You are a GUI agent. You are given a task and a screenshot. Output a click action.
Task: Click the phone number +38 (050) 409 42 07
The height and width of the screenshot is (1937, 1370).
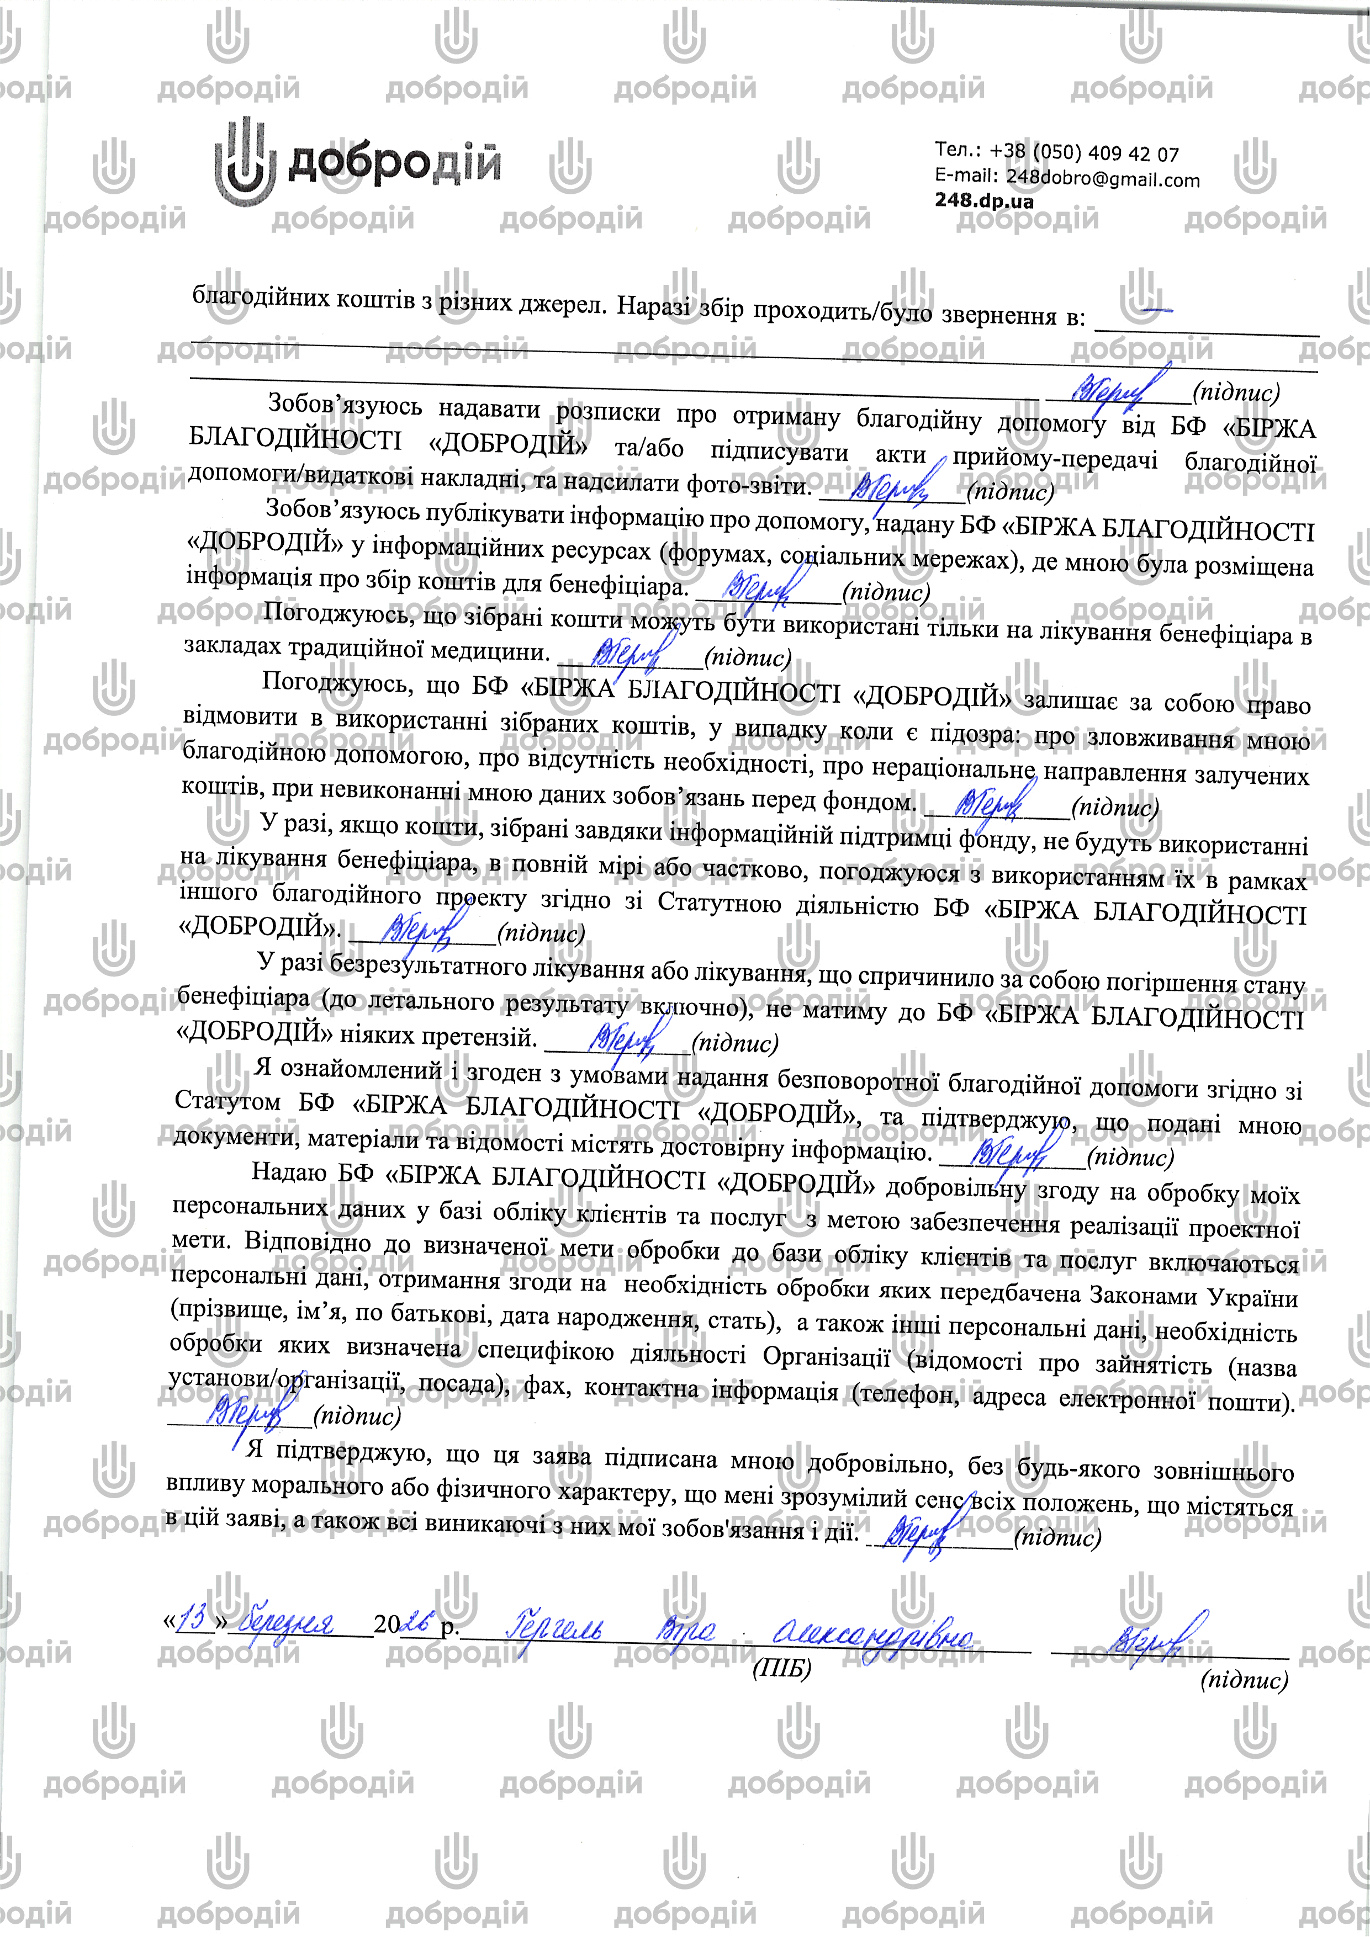coord(1084,153)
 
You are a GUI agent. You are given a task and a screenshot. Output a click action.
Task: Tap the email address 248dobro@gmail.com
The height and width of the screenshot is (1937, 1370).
coord(1102,179)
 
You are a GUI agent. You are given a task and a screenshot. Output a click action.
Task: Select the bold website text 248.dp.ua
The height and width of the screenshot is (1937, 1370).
coord(983,201)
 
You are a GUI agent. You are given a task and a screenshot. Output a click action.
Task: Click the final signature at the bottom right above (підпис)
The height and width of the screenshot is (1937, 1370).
coord(1156,1637)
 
